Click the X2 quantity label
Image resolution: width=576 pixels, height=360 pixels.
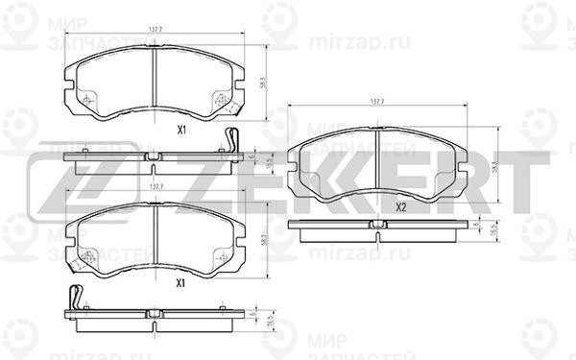coord(402,204)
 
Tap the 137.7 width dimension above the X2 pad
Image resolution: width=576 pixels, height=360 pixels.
coord(377,101)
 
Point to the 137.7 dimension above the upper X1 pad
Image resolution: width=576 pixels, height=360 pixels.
coord(154,31)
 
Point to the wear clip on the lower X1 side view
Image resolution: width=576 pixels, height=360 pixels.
coord(76,298)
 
